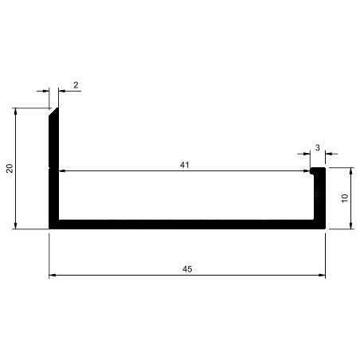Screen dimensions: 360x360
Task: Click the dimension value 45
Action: pos(187,269)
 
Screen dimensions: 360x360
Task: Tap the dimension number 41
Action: pos(185,165)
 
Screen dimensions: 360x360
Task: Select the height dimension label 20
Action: pos(10,169)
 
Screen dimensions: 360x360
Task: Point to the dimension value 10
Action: pos(345,198)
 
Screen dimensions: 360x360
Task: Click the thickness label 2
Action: pos(76,85)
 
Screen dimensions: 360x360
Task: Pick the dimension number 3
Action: pos(318,147)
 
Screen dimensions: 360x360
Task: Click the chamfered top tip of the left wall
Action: pos(57,108)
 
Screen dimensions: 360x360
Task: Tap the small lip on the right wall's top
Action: pos(312,170)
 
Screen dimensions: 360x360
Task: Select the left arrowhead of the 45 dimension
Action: pos(53,275)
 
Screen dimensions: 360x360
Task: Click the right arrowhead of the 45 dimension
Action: pos(322,275)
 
